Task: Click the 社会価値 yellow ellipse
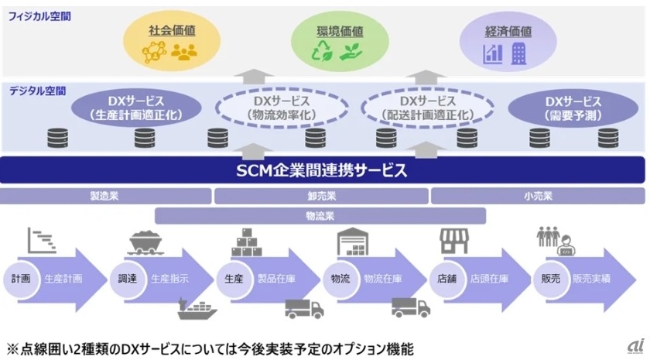coord(171,42)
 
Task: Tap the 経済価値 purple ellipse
coord(508,42)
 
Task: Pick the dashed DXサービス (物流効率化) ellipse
coord(282,108)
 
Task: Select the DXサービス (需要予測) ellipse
coord(573,108)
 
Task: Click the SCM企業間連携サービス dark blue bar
coord(323,170)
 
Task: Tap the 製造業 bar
coord(104,196)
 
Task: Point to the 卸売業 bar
coord(320,196)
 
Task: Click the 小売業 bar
coord(537,196)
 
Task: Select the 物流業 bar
coord(320,215)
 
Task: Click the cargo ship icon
coord(197,309)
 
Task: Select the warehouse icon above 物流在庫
coord(353,242)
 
